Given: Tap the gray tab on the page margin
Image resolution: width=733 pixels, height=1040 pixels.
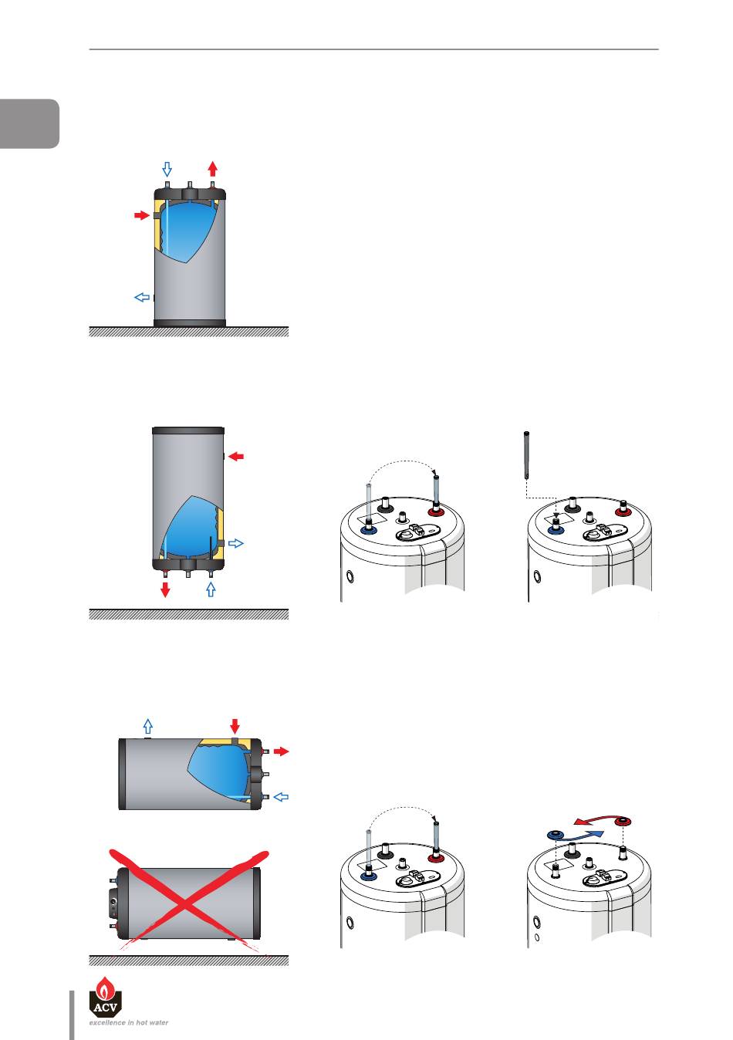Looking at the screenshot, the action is click(29, 123).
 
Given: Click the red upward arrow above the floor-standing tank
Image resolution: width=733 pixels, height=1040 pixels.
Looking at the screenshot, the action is click(213, 168).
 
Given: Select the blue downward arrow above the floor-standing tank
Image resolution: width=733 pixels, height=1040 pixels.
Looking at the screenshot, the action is click(167, 170).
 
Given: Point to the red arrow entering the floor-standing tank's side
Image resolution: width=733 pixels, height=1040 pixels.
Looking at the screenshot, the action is click(142, 215).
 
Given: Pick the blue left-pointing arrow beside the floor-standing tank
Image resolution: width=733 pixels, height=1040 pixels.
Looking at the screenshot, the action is click(142, 297).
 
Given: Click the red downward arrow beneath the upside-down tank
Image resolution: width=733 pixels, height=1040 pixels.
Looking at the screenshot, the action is click(165, 589).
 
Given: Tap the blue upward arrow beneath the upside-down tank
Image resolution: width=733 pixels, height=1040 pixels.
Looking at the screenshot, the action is click(211, 589).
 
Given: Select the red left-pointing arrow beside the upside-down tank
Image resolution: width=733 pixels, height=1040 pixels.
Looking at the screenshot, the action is click(236, 457).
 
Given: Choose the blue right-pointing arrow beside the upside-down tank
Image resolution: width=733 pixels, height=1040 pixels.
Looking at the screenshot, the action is click(236, 542).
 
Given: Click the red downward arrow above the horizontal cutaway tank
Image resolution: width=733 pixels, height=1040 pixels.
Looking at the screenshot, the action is click(235, 726).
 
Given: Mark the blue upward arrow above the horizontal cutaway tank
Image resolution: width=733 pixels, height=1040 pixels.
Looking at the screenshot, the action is click(147, 726).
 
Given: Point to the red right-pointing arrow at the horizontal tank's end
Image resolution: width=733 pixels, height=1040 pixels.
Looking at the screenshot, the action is click(282, 751).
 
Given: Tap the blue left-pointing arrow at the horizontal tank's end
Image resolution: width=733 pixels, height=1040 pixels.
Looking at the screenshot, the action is click(281, 797).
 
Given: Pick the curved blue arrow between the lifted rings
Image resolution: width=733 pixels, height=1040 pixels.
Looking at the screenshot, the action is click(581, 836).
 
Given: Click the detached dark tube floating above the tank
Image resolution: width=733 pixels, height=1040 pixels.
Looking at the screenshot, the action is click(526, 455).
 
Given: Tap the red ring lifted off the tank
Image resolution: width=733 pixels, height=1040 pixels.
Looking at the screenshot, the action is click(623, 822).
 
